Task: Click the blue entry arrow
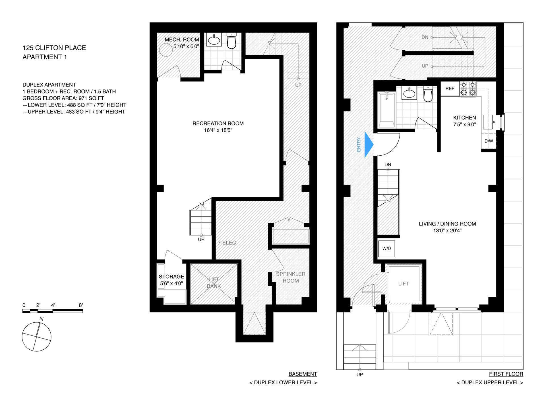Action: point(369,144)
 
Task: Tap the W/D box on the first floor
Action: point(386,249)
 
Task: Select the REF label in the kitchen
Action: point(450,89)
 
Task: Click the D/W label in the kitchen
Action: point(489,141)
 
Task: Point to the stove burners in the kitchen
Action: point(468,89)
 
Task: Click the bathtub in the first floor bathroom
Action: point(386,110)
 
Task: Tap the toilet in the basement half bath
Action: point(231,41)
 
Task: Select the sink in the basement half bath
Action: point(214,40)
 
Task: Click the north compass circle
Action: point(36,337)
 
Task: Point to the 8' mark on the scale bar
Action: point(81,305)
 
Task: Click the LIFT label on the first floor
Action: point(403,283)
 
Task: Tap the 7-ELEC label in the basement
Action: point(227,243)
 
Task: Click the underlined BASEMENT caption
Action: point(303,374)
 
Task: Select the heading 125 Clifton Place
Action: point(54,48)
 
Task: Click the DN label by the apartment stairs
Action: point(388,164)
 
